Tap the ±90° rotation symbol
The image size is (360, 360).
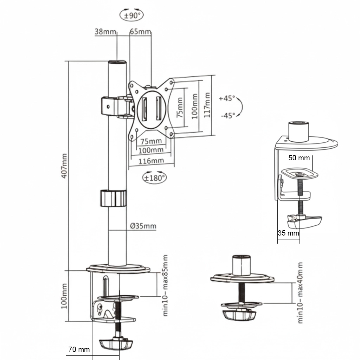coord(132,15)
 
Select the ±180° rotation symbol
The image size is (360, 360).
coord(155,178)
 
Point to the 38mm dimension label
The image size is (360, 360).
coord(105,32)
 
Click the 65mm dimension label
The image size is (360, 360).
coord(140,32)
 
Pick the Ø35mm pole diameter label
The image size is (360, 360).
coord(143,226)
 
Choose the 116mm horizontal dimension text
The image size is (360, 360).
coord(151,161)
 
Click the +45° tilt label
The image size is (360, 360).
coord(226,98)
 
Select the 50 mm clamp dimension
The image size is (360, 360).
coord(299,158)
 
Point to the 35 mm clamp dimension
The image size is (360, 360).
coord(288,233)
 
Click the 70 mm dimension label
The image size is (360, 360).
coord(79,349)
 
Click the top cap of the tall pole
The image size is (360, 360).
coord(117,63)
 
